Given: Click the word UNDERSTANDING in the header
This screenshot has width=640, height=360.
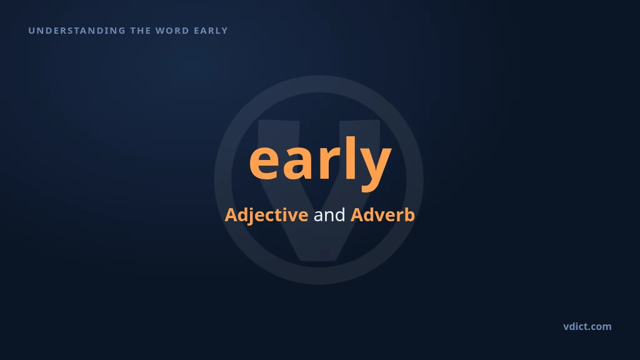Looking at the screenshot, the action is tap(77, 31).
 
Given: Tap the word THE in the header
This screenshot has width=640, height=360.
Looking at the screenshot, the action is tap(141, 31).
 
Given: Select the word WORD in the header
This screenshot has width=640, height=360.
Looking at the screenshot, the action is tap(172, 31).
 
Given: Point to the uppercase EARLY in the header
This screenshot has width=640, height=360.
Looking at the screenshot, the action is tap(211, 31).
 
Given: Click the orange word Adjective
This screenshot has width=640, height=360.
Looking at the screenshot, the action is tap(266, 215).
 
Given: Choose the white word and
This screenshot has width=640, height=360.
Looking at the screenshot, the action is tap(329, 215).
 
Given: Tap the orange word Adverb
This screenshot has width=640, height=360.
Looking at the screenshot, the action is tap(383, 215).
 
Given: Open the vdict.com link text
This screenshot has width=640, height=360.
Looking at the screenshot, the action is tap(587, 326).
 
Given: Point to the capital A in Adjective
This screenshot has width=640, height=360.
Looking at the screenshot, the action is tap(231, 215).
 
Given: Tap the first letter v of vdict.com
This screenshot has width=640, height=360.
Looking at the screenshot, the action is tap(566, 327).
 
